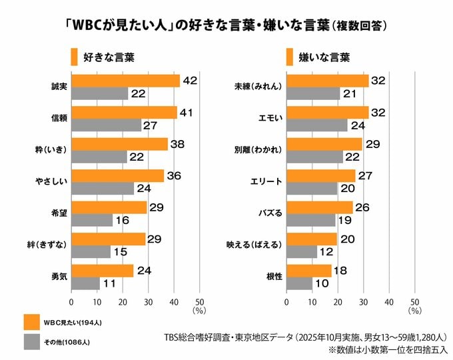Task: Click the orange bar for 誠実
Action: pyautogui.click(x=125, y=81)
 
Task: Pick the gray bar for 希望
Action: pyautogui.click(x=91, y=220)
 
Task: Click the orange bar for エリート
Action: pyautogui.click(x=320, y=176)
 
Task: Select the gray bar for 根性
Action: pyautogui.click(x=299, y=283)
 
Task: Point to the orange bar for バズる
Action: pyautogui.click(x=319, y=207)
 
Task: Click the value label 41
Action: pyautogui.click(x=187, y=113)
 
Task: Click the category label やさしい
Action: pyautogui.click(x=53, y=181)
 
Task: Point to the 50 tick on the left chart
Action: pyautogui.click(x=199, y=301)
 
